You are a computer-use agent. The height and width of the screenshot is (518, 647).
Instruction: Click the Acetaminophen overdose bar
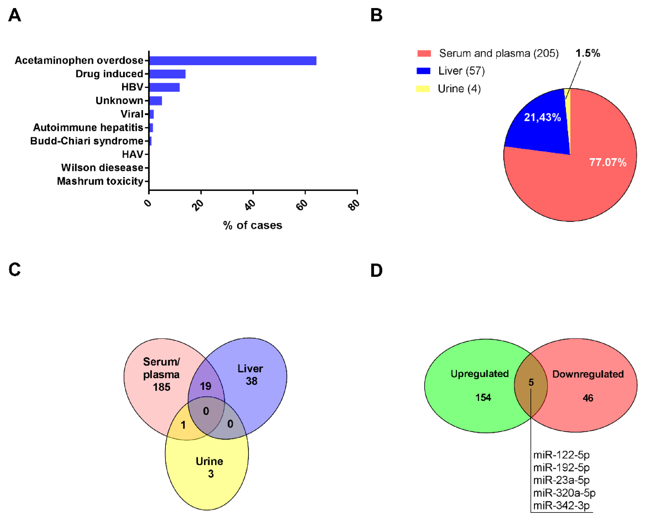tap(233, 61)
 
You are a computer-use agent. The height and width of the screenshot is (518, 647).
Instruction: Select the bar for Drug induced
tap(167, 74)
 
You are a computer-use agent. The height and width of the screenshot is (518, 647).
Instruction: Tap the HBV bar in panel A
tap(164, 87)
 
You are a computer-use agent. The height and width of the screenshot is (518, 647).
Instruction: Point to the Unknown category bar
tap(156, 101)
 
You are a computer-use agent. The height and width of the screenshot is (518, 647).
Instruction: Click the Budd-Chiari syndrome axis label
tap(87, 141)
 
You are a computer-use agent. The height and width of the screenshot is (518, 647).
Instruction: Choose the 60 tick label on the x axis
tap(302, 205)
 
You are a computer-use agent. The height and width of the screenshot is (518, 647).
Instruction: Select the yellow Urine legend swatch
tap(423, 89)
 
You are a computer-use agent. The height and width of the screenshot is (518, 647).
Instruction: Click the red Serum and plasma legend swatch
tap(424, 54)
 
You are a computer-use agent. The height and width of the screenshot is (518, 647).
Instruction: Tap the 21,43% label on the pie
tap(542, 117)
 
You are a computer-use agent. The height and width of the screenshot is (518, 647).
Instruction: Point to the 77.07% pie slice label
tap(608, 162)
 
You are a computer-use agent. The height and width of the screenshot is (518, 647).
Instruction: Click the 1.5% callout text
tap(588, 54)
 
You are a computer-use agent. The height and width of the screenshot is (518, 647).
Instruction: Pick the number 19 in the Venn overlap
tap(206, 386)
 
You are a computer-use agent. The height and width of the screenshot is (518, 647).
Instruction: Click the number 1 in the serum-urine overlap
tap(183, 425)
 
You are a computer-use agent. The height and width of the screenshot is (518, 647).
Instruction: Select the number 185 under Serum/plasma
tap(162, 387)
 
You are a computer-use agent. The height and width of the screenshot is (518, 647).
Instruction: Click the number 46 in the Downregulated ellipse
tap(588, 398)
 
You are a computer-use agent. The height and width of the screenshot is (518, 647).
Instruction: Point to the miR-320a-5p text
tap(564, 493)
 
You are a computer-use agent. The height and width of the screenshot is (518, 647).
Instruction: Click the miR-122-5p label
tap(561, 455)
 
